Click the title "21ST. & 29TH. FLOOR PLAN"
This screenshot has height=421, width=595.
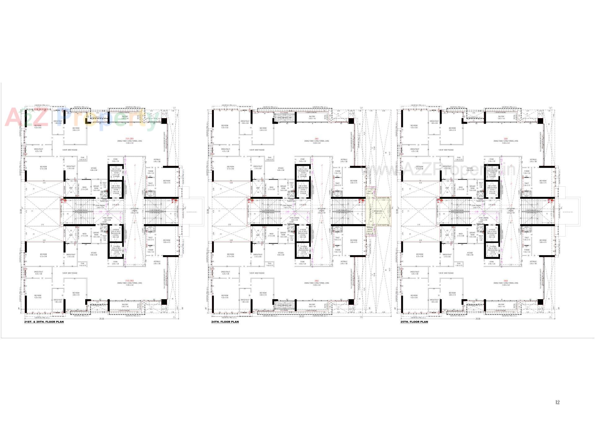[x=44, y=322]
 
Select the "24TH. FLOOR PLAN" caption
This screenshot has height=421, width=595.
[x=225, y=322]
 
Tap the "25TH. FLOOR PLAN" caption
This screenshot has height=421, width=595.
[x=414, y=322]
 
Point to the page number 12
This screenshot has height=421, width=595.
[x=558, y=402]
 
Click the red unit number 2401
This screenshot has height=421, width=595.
[x=316, y=139]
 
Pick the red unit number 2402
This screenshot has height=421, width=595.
[x=316, y=281]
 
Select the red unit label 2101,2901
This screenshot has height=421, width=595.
[x=129, y=139]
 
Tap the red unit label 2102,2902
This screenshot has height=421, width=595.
[x=129, y=281]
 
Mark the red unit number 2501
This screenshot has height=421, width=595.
[x=505, y=139]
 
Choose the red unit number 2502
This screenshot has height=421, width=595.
[x=505, y=281]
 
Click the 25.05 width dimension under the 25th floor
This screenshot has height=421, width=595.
[x=477, y=319]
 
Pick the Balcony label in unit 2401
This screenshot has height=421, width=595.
[x=312, y=117]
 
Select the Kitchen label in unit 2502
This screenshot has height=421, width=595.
[x=470, y=253]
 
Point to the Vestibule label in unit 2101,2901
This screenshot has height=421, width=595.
[x=157, y=160]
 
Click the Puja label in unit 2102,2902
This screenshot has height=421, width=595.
[x=82, y=264]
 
